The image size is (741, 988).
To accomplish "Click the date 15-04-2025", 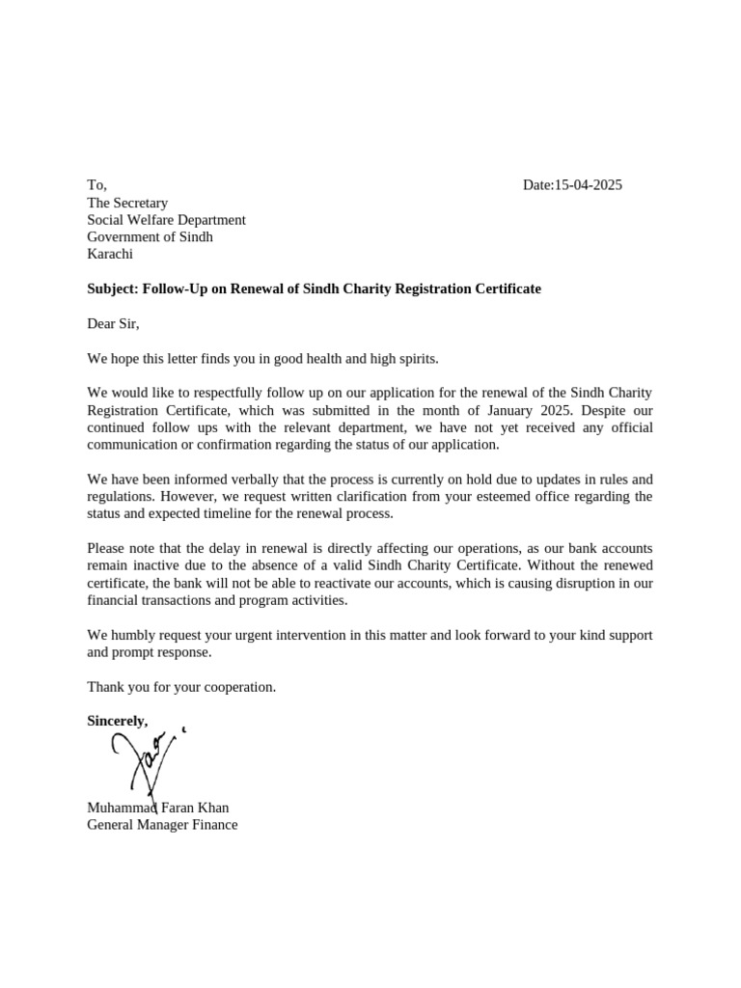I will pyautogui.click(x=588, y=185).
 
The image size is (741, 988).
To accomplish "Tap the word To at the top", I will pyautogui.click(x=96, y=185).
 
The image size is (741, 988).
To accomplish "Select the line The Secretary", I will pyautogui.click(x=127, y=203).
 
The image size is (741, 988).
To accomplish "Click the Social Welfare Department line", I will pyautogui.click(x=166, y=220).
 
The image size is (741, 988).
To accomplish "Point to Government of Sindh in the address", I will pyautogui.click(x=150, y=237).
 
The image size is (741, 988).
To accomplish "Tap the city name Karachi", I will pyautogui.click(x=110, y=255).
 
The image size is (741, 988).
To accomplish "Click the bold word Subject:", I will pyautogui.click(x=113, y=289).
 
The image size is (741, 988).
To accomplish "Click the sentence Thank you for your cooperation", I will pyautogui.click(x=181, y=687).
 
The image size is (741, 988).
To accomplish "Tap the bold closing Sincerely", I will pyautogui.click(x=118, y=722).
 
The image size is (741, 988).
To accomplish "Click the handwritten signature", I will pyautogui.click(x=145, y=762).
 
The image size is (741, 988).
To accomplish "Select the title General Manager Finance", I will pyautogui.click(x=162, y=825).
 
